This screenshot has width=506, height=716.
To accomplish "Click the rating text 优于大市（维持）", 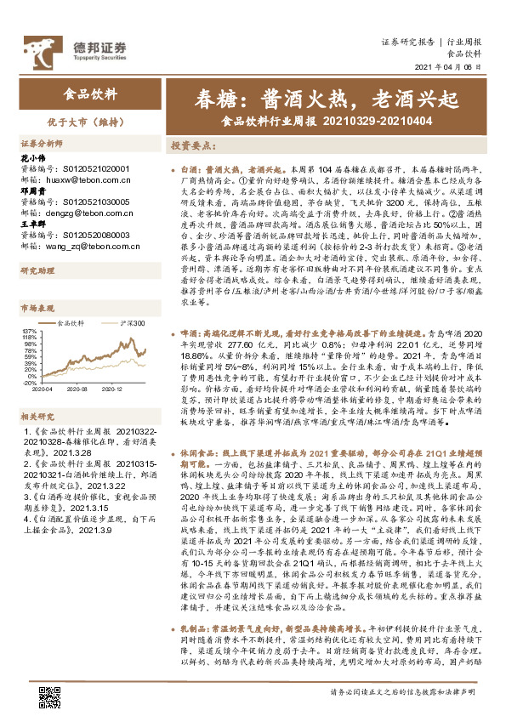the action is coord(90,122).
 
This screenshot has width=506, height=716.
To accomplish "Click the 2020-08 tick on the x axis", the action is coord(81,389).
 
